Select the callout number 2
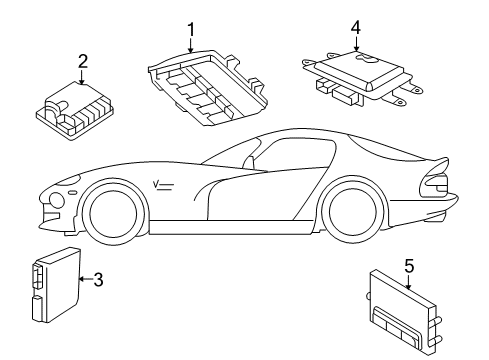click(82, 61)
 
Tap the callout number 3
click(97, 279)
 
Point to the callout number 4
click(355, 28)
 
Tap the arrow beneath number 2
click(82, 76)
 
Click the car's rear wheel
click(356, 211)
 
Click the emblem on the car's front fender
click(164, 183)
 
